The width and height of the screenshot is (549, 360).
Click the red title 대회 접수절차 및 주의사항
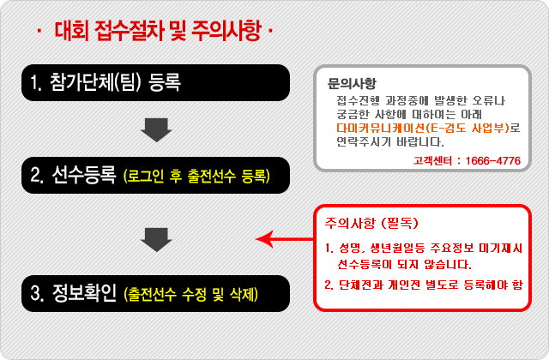pyautogui.click(x=158, y=31)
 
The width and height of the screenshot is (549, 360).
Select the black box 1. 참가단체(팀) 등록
pyautogui.click(x=156, y=82)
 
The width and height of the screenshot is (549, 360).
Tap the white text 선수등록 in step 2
pyautogui.click(x=84, y=175)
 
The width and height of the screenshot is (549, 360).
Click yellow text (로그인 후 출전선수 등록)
pyautogui.click(x=196, y=176)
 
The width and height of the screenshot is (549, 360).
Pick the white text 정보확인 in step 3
pyautogui.click(x=84, y=293)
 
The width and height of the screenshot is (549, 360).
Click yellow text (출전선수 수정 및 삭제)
pyautogui.click(x=191, y=294)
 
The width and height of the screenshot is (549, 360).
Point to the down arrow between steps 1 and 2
pyautogui.click(x=156, y=129)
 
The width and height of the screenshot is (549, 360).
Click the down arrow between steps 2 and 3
pyautogui.click(x=156, y=240)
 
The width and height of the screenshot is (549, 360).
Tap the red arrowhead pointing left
pyautogui.click(x=264, y=239)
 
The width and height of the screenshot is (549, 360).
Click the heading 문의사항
pyautogui.click(x=352, y=83)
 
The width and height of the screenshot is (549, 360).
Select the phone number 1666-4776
pyautogui.click(x=493, y=160)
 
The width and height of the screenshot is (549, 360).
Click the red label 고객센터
pyautogui.click(x=432, y=160)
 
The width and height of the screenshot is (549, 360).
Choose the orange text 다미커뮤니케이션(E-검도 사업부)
pyautogui.click(x=423, y=128)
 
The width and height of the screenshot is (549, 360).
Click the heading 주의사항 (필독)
pyautogui.click(x=371, y=223)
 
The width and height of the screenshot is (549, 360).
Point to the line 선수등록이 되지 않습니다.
pyautogui.click(x=404, y=264)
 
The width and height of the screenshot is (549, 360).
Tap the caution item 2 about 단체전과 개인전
pyautogui.click(x=423, y=285)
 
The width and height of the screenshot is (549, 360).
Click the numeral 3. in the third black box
pyautogui.click(x=37, y=293)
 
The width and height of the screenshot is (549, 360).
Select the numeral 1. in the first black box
pyautogui.click(x=36, y=82)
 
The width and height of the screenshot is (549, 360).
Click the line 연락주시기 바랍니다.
pyautogui.click(x=390, y=141)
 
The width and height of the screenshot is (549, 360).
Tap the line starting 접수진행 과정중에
pyautogui.click(x=421, y=101)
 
